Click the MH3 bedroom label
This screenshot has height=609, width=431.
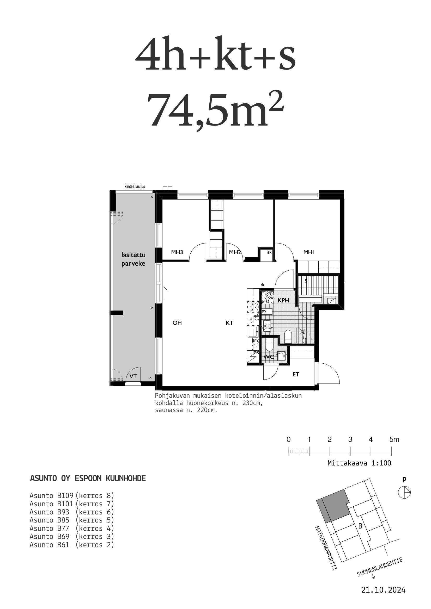tap(177, 252)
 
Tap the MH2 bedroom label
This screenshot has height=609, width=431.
tap(235, 252)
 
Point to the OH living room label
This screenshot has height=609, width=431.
tap(177, 323)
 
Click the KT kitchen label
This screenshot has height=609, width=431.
tap(229, 323)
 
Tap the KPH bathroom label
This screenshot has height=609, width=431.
tap(283, 301)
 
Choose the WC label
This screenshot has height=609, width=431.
tap(269, 357)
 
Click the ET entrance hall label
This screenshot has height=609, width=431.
tap(296, 374)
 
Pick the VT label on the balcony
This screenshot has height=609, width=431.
tap(133, 376)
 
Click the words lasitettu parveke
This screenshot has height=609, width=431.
tap(133, 259)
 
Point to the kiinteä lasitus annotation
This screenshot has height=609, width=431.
tap(135, 187)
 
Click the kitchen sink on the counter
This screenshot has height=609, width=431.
tap(253, 332)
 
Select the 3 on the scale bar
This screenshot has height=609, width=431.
tap(350, 439)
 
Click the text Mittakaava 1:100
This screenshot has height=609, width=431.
tap(359, 463)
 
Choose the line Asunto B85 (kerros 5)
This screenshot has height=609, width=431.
tap(72, 520)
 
